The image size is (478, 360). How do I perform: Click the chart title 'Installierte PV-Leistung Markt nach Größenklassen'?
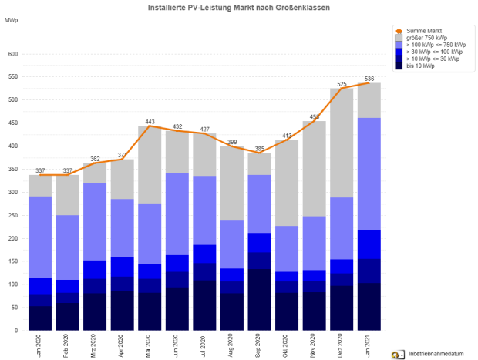[239, 7]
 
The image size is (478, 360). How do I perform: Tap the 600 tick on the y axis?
[12, 54]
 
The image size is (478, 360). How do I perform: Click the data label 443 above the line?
[150, 122]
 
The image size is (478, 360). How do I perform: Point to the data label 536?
[369, 79]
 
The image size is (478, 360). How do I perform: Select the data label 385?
[259, 148]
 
